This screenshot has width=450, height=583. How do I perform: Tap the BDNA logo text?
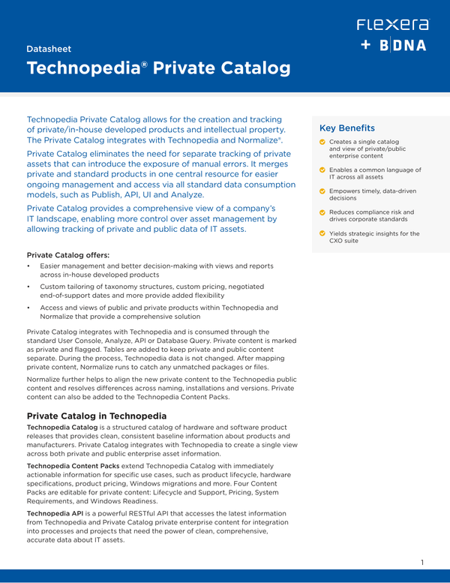pyautogui.click(x=403, y=46)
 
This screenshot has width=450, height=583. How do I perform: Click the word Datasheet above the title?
pyautogui.click(x=49, y=49)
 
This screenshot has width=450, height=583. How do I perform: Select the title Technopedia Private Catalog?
pyautogui.click(x=158, y=69)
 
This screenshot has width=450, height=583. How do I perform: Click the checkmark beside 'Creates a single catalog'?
pyautogui.click(x=322, y=142)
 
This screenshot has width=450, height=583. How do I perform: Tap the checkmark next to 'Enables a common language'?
pyautogui.click(x=322, y=170)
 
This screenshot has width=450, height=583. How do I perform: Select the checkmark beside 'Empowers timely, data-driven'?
pyautogui.click(x=322, y=191)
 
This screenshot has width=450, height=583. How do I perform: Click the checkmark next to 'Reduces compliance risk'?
pyautogui.click(x=322, y=212)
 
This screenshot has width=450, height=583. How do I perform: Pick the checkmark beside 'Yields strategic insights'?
pyautogui.click(x=322, y=233)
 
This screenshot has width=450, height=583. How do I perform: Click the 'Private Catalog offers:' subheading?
pyautogui.click(x=67, y=255)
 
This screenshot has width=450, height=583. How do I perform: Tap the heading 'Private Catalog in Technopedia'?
pyautogui.click(x=97, y=416)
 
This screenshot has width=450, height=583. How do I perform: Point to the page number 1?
pyautogui.click(x=423, y=562)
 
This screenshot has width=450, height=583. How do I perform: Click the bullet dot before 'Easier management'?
pyautogui.click(x=28, y=266)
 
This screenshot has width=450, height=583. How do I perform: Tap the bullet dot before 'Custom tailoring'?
pyautogui.click(x=28, y=287)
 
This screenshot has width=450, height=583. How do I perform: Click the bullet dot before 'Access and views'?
pyautogui.click(x=28, y=308)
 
